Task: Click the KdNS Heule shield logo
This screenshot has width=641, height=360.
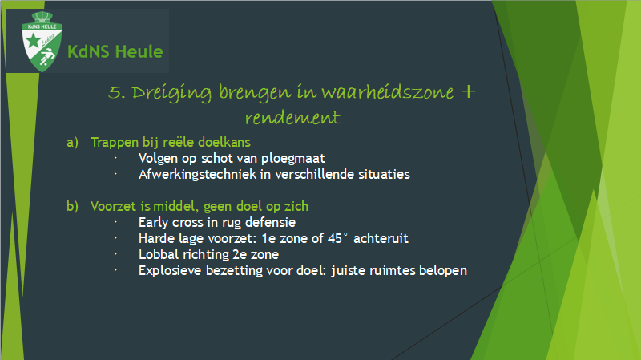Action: [42, 42]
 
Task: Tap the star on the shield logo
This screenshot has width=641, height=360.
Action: [33, 40]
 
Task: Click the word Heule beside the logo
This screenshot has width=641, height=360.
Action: [139, 52]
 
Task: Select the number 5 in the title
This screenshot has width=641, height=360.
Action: [115, 92]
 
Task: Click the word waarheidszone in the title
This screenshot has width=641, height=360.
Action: [388, 92]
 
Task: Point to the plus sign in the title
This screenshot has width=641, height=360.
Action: [469, 91]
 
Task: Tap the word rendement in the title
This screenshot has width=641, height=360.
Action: [292, 118]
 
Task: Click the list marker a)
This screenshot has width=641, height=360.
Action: [72, 143]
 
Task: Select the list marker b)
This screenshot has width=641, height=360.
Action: [72, 206]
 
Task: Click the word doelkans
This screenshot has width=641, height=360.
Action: [224, 142]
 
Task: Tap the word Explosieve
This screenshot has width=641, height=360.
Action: [170, 271]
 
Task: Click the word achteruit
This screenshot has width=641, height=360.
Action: [381, 238]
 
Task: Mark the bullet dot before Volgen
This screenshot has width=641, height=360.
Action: [115, 157]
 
